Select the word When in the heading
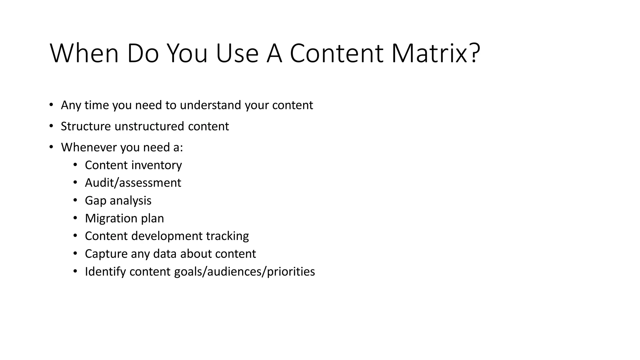click(x=84, y=53)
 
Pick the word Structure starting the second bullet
click(x=86, y=127)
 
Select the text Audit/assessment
click(x=133, y=183)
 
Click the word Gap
click(x=96, y=201)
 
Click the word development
click(x=167, y=236)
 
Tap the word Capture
click(x=106, y=254)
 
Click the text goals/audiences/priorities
click(x=244, y=272)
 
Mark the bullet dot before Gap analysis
click(x=75, y=200)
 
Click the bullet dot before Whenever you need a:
click(x=51, y=147)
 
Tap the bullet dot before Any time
click(x=51, y=104)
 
